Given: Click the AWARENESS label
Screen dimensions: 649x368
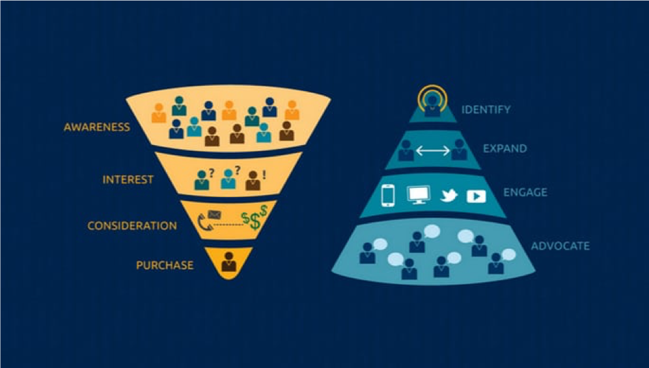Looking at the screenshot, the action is pyautogui.click(x=97, y=127).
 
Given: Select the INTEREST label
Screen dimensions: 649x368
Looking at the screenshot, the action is pyautogui.click(x=128, y=179).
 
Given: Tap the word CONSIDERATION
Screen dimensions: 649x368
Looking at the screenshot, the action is pyautogui.click(x=132, y=226).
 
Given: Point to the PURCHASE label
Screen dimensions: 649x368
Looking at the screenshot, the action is pyautogui.click(x=165, y=265).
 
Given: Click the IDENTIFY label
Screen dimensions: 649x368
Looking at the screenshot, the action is pyautogui.click(x=486, y=110).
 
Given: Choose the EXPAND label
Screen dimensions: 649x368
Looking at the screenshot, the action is pyautogui.click(x=505, y=148).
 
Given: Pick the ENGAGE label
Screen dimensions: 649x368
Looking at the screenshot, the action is pyautogui.click(x=525, y=192).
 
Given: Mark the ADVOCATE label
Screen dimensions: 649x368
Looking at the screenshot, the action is pyautogui.click(x=560, y=246).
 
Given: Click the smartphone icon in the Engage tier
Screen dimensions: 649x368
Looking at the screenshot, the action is pyautogui.click(x=388, y=196).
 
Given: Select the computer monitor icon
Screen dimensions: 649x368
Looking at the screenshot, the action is pyautogui.click(x=419, y=195).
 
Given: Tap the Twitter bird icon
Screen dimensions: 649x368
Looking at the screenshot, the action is pyautogui.click(x=449, y=195).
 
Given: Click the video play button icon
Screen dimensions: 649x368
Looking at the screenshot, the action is pyautogui.click(x=476, y=196).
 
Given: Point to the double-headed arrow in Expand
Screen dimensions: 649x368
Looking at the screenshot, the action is pyautogui.click(x=432, y=150).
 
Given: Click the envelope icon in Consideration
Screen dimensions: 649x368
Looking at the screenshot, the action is pyautogui.click(x=214, y=215).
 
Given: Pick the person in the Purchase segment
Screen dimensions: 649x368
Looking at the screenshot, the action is pyautogui.click(x=228, y=261).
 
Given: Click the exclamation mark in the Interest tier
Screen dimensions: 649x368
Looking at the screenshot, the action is pyautogui.click(x=264, y=175).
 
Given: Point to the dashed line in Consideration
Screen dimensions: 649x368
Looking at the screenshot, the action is pyautogui.click(x=227, y=224).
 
